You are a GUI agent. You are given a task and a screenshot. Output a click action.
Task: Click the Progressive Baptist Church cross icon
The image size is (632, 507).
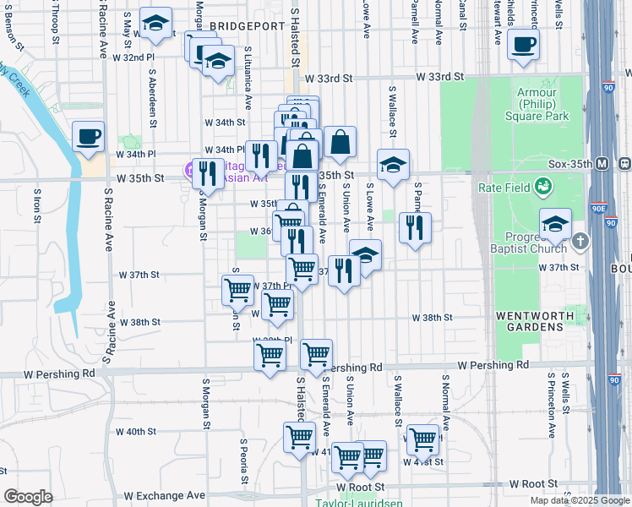pyautogui.click(x=579, y=242)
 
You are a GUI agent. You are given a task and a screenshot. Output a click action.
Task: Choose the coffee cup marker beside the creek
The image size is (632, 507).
pyautogui.click(x=89, y=136)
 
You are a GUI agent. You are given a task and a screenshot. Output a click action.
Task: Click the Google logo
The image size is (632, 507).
pyautogui.click(x=29, y=497)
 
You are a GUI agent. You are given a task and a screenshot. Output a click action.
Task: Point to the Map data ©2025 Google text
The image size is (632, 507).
pyautogui.click(x=580, y=500)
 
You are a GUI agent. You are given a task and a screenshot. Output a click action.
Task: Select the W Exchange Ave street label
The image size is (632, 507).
pyautogui.click(x=165, y=495)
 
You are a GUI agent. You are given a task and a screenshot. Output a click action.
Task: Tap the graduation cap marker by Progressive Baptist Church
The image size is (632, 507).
pyautogui.click(x=554, y=224)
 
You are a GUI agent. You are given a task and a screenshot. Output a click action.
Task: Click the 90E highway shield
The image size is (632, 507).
pyautogui.click(x=599, y=208)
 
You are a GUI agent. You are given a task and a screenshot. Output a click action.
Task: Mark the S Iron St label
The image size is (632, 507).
pyautogui.click(x=38, y=203)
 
